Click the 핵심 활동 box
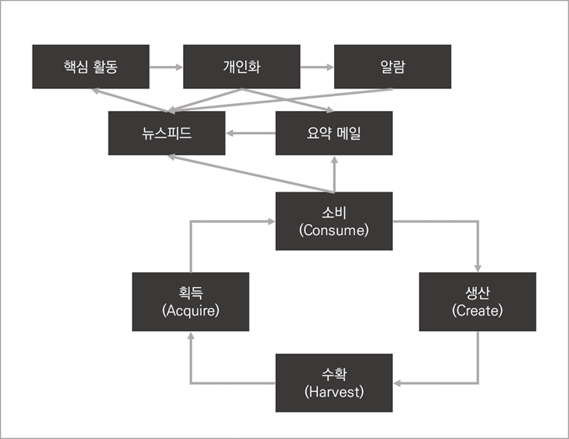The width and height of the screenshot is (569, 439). (x=91, y=67)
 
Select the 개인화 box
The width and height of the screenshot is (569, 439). (x=241, y=67)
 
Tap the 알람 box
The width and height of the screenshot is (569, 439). (x=392, y=67)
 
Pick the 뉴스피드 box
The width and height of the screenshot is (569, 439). (x=167, y=133)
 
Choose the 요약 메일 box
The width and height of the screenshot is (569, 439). (x=334, y=133)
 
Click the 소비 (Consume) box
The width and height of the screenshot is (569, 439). (x=334, y=221)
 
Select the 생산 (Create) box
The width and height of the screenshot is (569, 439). (x=477, y=302)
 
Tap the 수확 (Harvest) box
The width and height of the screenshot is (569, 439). (x=334, y=383)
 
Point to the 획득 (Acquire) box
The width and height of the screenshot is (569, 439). (x=191, y=302)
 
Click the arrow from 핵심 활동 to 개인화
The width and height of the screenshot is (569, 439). (x=166, y=67)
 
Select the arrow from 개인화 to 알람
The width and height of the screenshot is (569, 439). (x=316, y=67)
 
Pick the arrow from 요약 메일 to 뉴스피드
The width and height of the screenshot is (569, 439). (x=251, y=133)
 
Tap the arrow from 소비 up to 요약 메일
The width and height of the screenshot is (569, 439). (x=334, y=174)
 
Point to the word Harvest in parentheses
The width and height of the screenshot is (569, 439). (x=334, y=392)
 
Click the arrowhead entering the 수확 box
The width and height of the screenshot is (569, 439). (x=397, y=383)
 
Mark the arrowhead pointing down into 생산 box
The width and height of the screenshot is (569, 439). (x=477, y=267)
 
